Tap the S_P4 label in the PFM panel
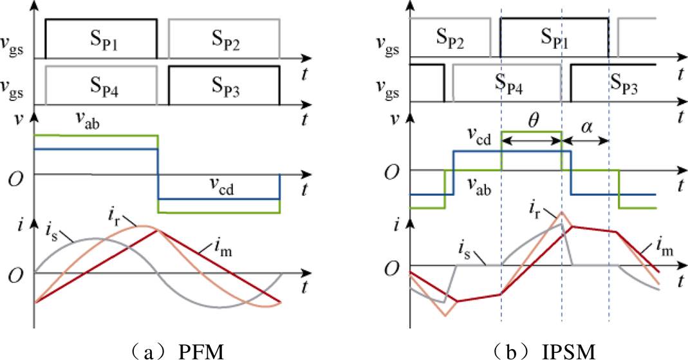[x=104, y=86]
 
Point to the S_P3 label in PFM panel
[x=226, y=86]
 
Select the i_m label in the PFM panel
[x=223, y=249]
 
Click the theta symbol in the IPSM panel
[x=533, y=120]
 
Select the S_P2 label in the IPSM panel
[x=450, y=38]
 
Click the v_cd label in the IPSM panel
[x=478, y=138]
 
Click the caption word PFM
[x=201, y=350]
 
